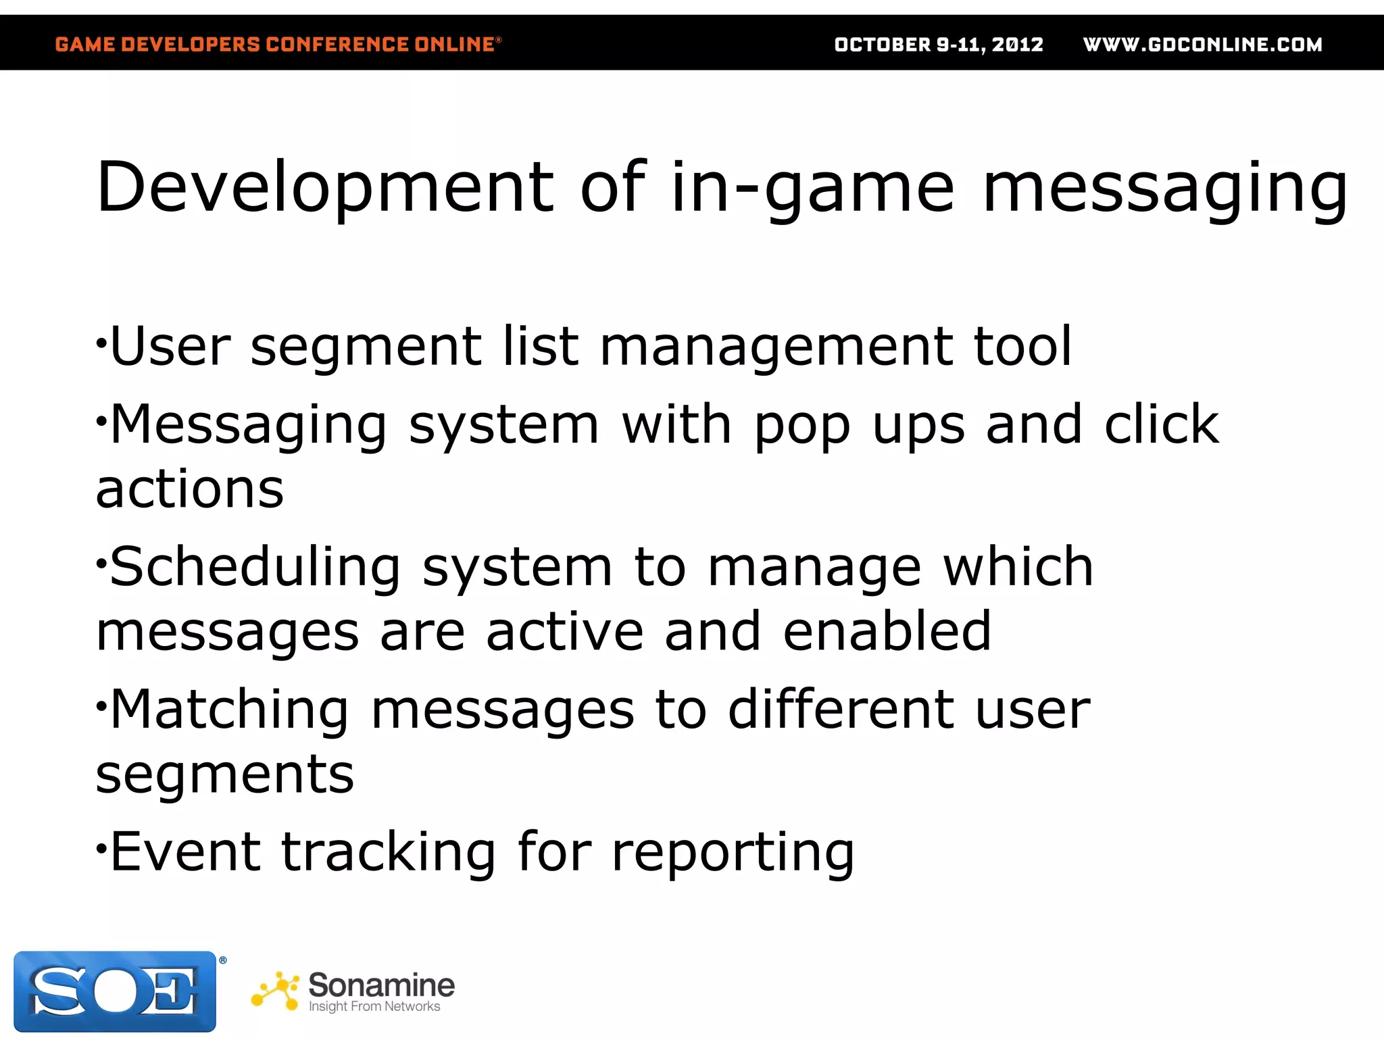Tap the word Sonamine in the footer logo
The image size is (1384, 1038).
pos(381,985)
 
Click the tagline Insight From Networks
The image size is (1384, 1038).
pos(374,1006)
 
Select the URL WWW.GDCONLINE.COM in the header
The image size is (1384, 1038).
pos(1202,45)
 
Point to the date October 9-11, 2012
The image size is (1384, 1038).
pos(939,45)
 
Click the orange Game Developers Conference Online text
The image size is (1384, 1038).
pos(277,45)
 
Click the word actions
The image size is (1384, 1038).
pos(190,489)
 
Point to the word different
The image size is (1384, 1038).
pos(841,710)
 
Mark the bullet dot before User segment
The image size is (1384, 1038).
pos(101,343)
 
